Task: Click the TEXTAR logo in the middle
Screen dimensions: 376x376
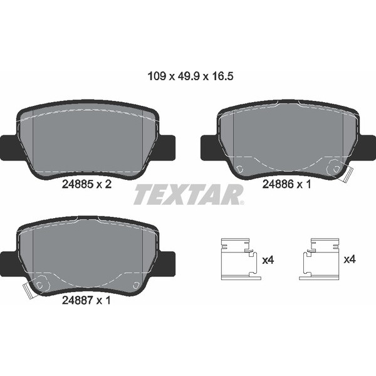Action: click(189, 194)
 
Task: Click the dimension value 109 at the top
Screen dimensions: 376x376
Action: click(157, 76)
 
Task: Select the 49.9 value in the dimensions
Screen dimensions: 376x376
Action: click(188, 76)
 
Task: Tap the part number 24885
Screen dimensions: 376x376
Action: click(78, 184)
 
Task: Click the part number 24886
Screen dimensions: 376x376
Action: click(278, 184)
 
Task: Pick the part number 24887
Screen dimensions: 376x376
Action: click(78, 300)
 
